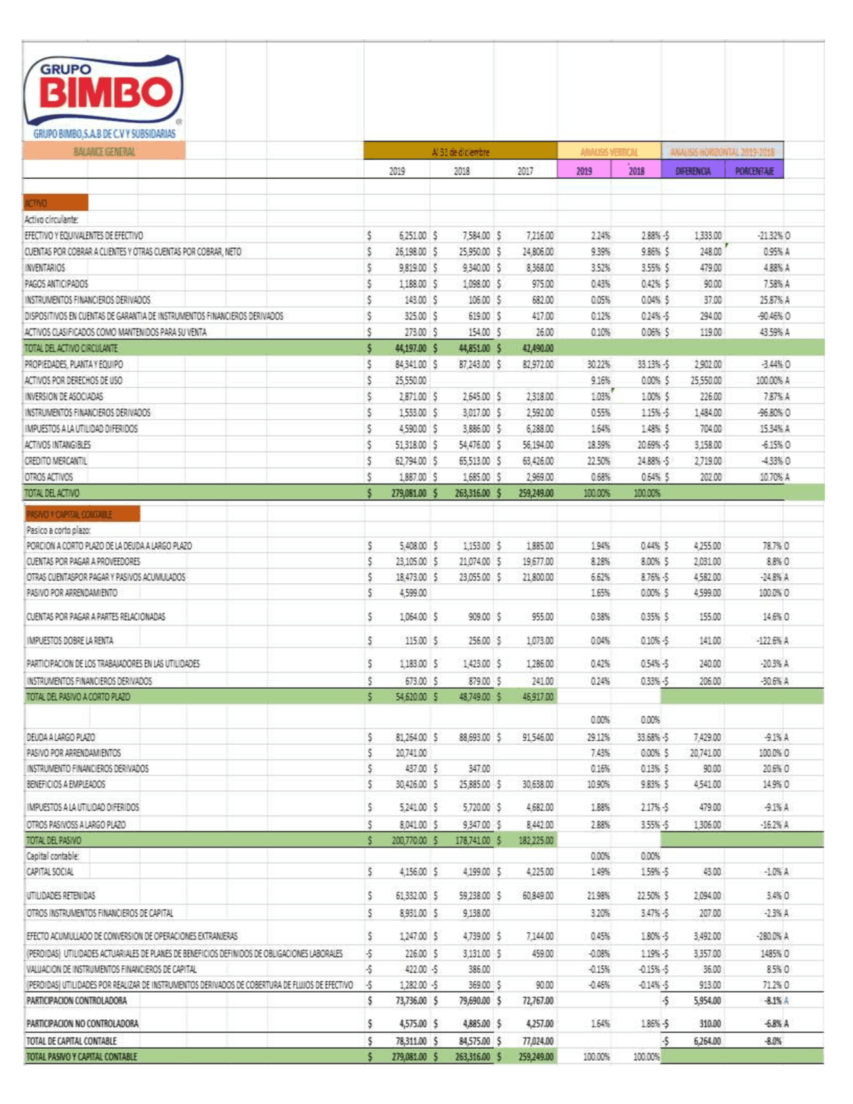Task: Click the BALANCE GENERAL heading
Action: pyautogui.click(x=104, y=152)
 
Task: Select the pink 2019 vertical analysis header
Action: pyautogui.click(x=584, y=171)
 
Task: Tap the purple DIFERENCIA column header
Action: pyautogui.click(x=692, y=171)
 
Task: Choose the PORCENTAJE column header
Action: pyautogui.click(x=754, y=171)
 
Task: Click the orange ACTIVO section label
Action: pyautogui.click(x=55, y=203)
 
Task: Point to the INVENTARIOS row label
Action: pyautogui.click(x=45, y=268)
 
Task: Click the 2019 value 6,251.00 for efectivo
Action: pyautogui.click(x=412, y=236)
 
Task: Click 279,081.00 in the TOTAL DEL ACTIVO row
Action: pyautogui.click(x=408, y=493)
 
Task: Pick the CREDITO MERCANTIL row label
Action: pyautogui.click(x=56, y=461)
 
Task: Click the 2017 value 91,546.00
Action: pyautogui.click(x=537, y=737)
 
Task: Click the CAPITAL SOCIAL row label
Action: pyautogui.click(x=50, y=872)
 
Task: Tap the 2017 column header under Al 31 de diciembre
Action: pyautogui.click(x=525, y=171)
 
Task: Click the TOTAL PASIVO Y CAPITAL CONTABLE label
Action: pyautogui.click(x=81, y=1057)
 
